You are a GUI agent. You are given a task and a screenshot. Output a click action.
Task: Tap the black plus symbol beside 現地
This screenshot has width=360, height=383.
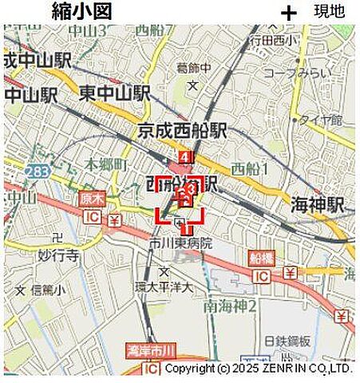[288, 13]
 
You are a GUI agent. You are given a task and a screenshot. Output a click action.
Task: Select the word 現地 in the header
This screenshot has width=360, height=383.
[329, 11]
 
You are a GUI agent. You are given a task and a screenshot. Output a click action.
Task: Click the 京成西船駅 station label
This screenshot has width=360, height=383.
[182, 129]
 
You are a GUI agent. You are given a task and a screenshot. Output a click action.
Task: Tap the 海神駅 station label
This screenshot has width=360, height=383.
[317, 204]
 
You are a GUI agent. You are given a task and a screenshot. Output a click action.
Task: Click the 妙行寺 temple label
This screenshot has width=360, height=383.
[58, 256]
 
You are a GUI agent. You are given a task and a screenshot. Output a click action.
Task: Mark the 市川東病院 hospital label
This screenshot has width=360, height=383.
[180, 243]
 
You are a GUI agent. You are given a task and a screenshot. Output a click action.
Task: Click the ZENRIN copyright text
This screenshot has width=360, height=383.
[258, 369]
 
